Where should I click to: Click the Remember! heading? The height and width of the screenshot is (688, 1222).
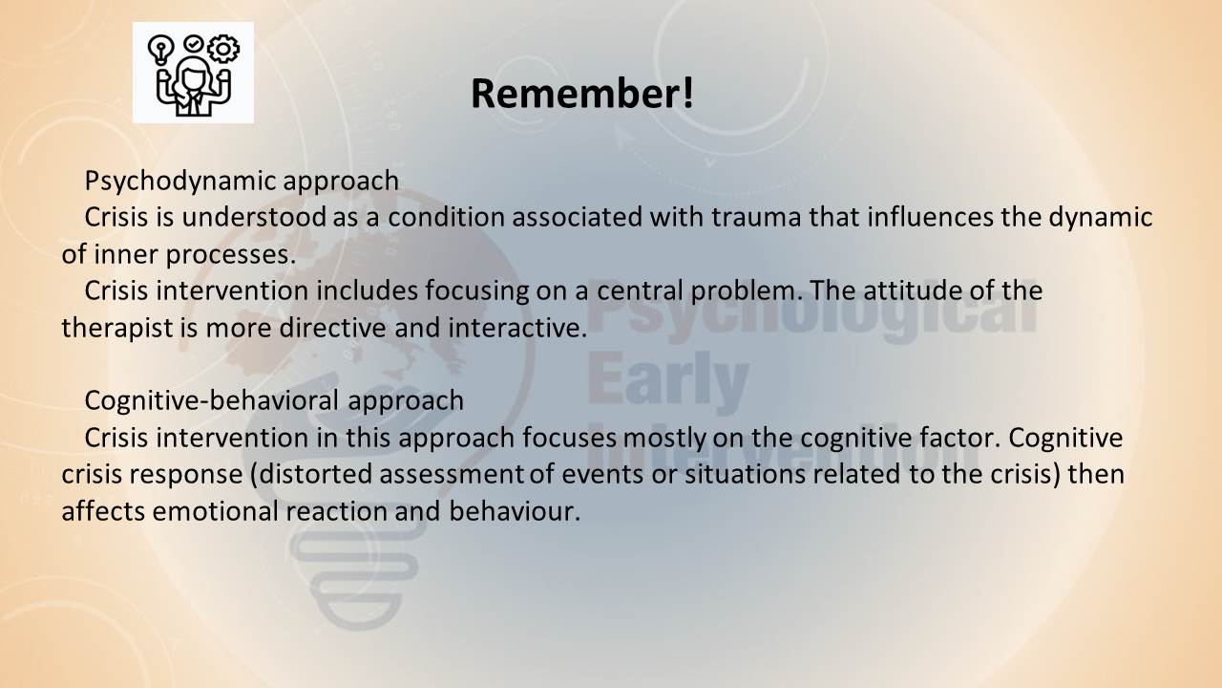click(582, 94)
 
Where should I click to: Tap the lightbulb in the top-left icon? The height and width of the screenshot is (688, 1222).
click(160, 50)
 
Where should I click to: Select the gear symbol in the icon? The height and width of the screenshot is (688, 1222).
click(223, 49)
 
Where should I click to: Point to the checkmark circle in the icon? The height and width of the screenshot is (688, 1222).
click(193, 43)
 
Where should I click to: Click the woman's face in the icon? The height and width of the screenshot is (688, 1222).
click(193, 77)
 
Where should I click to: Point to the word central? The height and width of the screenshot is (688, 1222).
click(640, 290)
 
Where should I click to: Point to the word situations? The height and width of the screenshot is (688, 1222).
click(745, 474)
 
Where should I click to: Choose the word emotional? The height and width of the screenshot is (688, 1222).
click(216, 511)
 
